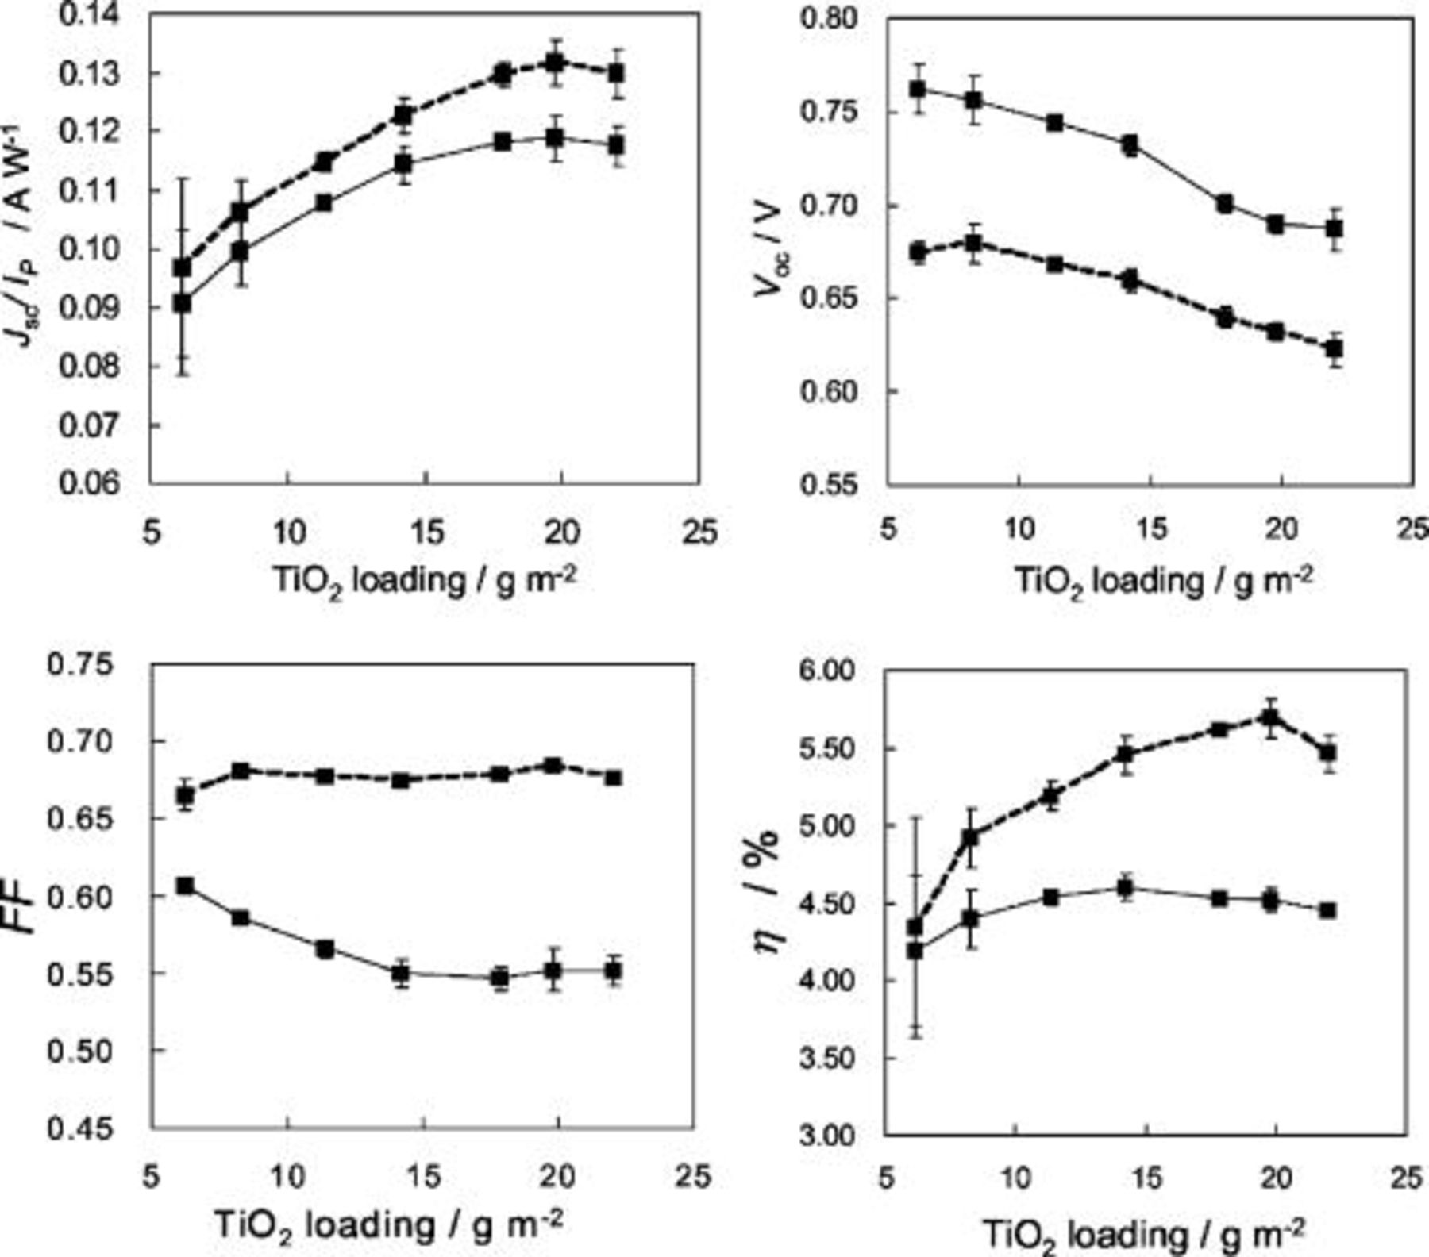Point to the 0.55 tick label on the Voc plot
click(x=829, y=484)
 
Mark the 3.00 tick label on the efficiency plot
click(x=827, y=1136)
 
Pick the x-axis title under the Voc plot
click(x=1162, y=582)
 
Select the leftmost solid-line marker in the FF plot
click(x=185, y=886)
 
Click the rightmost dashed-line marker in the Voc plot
click(x=1335, y=348)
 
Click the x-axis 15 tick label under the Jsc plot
click(x=426, y=532)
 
